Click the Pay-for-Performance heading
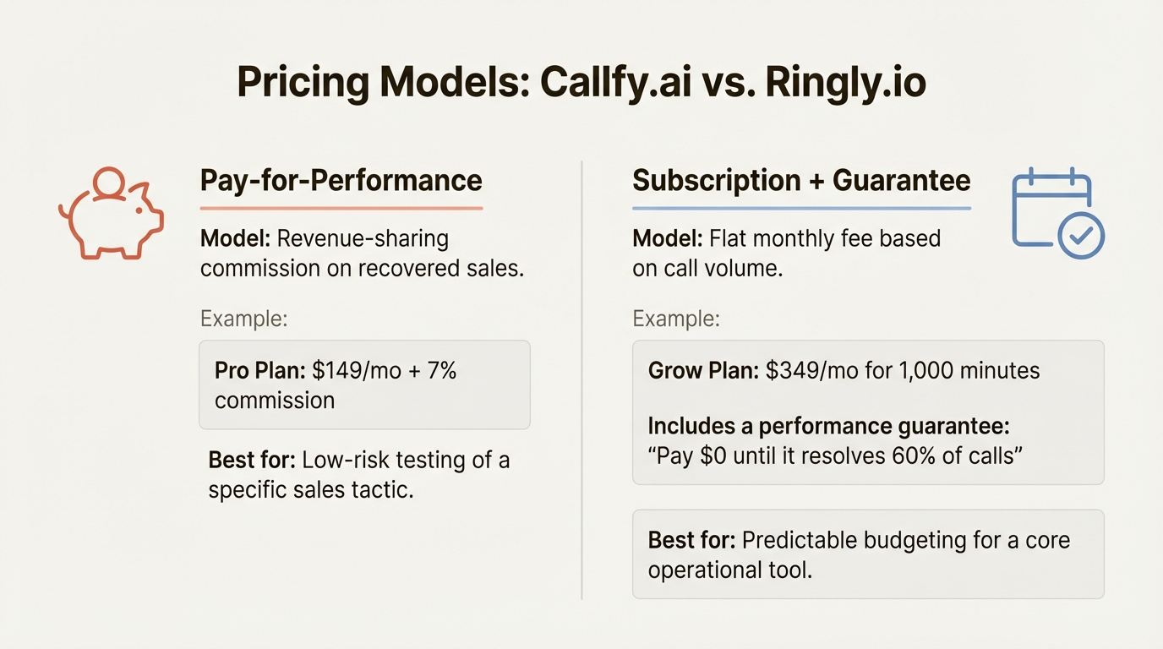pos(341,180)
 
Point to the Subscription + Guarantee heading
pos(800,180)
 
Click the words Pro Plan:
pos(259,370)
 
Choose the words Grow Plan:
pos(702,370)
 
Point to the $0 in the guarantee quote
pos(718,455)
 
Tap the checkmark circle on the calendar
pos(1079,236)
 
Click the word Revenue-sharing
pos(363,238)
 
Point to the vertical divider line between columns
pos(581,380)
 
